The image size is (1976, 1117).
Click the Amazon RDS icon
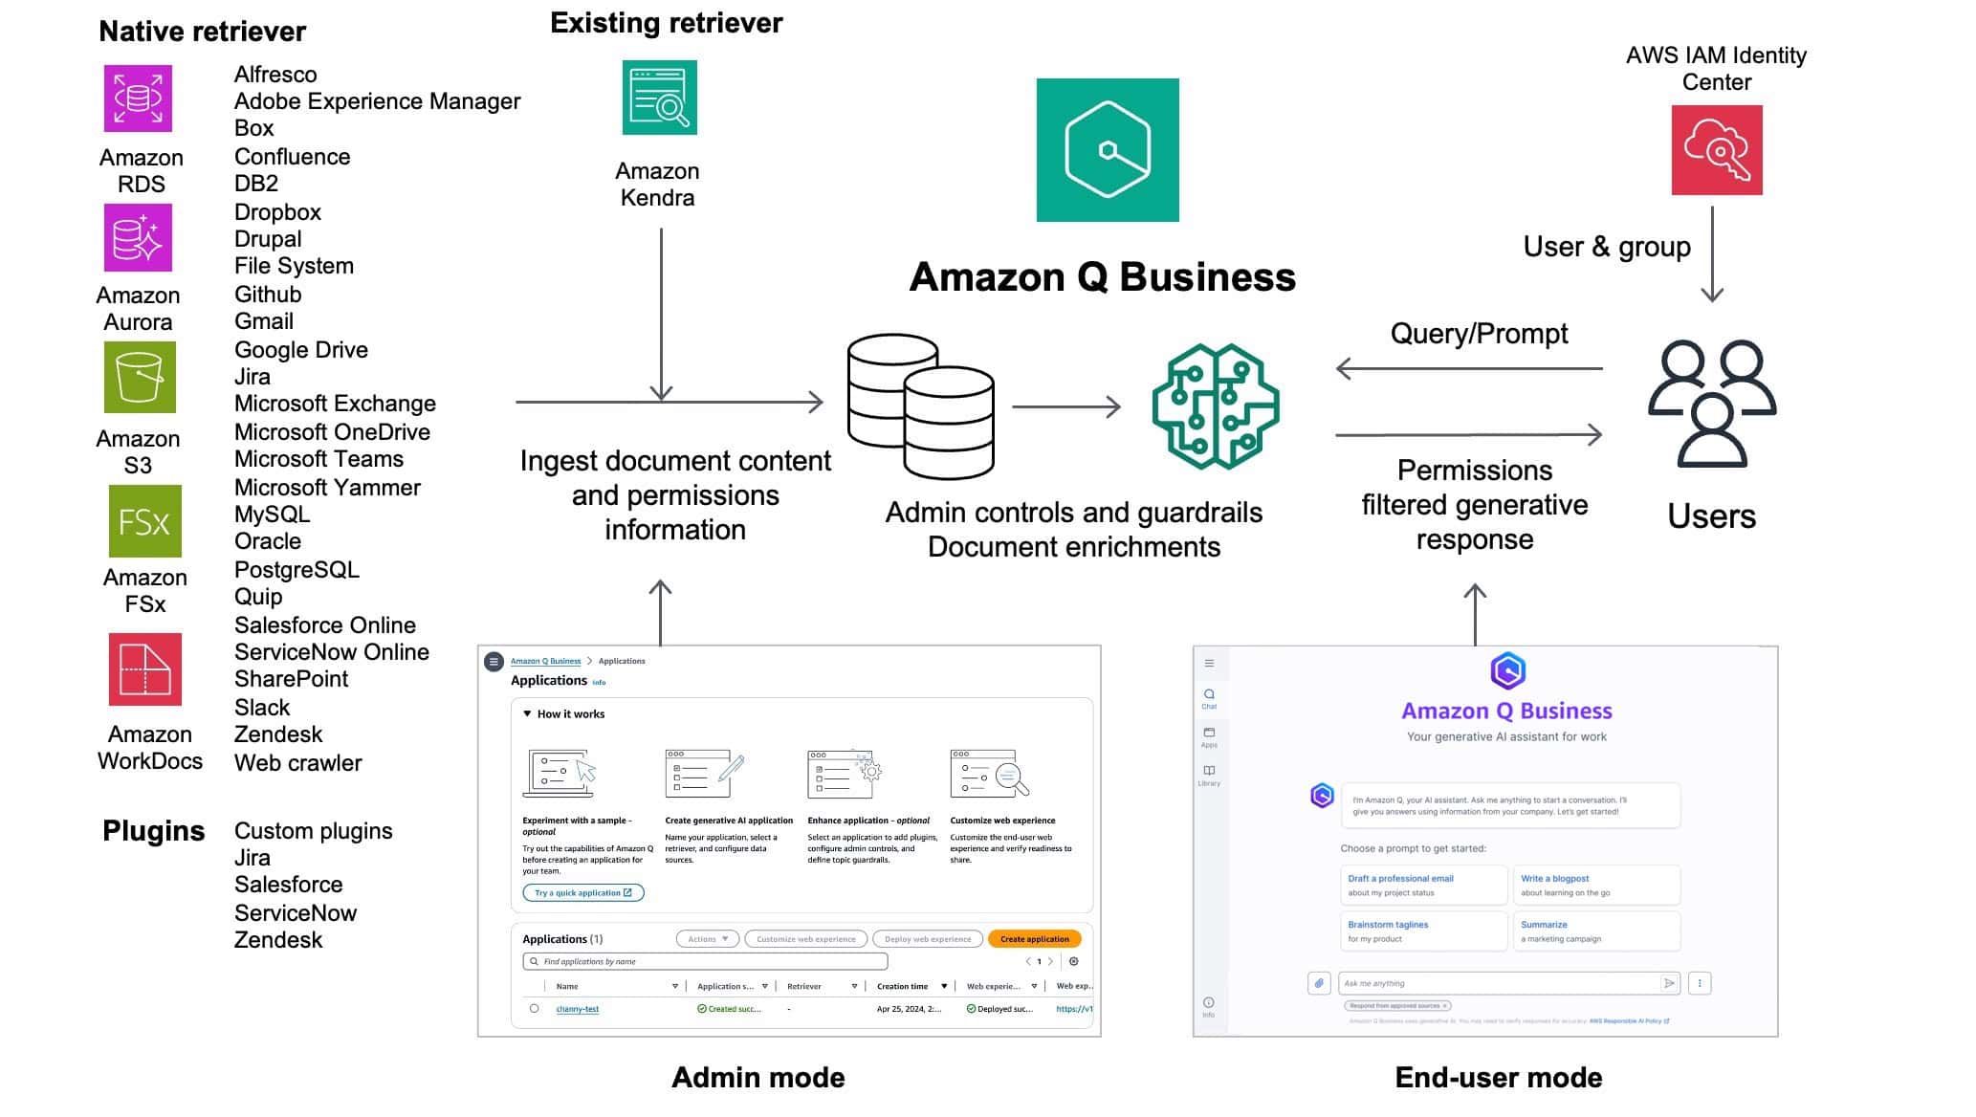point(138,99)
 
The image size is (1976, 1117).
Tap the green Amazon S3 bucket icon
point(140,378)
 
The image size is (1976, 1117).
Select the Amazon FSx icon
point(144,521)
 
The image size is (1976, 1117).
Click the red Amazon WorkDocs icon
point(144,669)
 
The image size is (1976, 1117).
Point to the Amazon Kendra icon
point(659,98)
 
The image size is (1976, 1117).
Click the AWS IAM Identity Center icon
point(1716,150)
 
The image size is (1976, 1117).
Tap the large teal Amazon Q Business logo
point(1107,150)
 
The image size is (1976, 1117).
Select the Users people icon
point(1711,403)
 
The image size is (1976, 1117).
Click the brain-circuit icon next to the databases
point(1215,406)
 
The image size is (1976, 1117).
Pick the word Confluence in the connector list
point(292,157)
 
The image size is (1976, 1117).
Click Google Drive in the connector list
point(300,350)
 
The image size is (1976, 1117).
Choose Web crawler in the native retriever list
point(297,763)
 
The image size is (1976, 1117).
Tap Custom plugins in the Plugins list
point(313,831)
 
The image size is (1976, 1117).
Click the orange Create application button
point(1034,939)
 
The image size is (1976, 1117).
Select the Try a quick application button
point(582,893)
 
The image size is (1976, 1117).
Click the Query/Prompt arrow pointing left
point(1467,368)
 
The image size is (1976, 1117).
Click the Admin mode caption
point(757,1078)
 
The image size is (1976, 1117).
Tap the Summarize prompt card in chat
point(1595,931)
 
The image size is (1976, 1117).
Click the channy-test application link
point(577,1009)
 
